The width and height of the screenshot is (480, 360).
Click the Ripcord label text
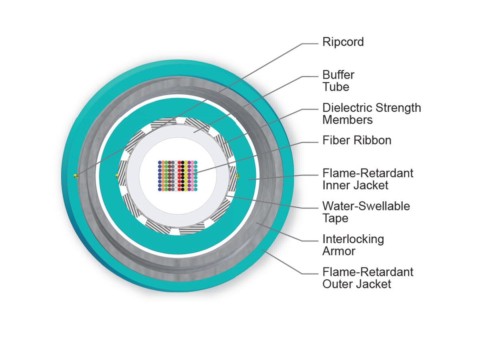[343, 42]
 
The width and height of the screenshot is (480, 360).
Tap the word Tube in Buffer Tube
[336, 87]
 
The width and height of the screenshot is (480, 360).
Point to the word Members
[347, 120]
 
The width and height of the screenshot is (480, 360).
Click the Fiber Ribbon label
[357, 140]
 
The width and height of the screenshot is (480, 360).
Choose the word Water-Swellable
[366, 206]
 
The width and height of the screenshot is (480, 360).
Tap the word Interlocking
[353, 239]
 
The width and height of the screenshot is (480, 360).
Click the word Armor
[339, 251]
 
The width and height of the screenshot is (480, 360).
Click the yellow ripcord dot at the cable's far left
[75, 176]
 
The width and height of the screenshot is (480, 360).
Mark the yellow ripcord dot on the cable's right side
[238, 176]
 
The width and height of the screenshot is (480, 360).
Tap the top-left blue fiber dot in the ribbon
[160, 163]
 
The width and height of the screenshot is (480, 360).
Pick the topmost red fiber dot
[179, 163]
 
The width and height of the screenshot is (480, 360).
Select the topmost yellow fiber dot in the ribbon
[186, 163]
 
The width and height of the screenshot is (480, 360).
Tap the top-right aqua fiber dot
[196, 163]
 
